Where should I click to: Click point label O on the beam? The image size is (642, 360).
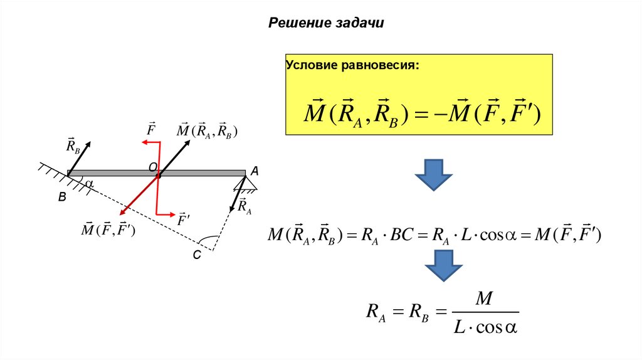click(x=152, y=166)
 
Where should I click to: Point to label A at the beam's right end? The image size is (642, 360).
click(x=254, y=171)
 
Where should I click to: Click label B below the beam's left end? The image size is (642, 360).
click(x=62, y=197)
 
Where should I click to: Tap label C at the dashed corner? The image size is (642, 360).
click(x=196, y=255)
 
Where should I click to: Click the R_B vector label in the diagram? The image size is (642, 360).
click(x=73, y=146)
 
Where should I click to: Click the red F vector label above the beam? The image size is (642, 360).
click(x=151, y=129)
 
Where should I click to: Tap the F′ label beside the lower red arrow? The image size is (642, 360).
click(x=184, y=220)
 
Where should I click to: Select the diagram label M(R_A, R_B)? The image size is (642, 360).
click(x=206, y=130)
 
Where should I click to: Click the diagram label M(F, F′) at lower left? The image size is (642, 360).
click(x=108, y=229)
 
